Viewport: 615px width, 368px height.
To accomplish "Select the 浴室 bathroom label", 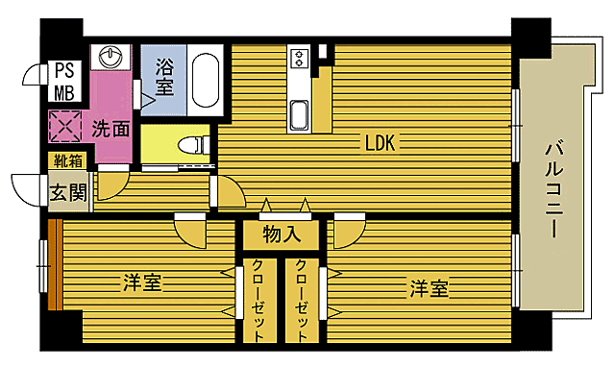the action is coord(164,74).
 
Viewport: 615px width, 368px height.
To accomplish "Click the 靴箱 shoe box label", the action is coord(68,160).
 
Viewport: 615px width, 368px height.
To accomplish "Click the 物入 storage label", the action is coord(283,233).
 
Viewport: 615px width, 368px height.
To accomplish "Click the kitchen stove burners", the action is coord(298,60).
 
